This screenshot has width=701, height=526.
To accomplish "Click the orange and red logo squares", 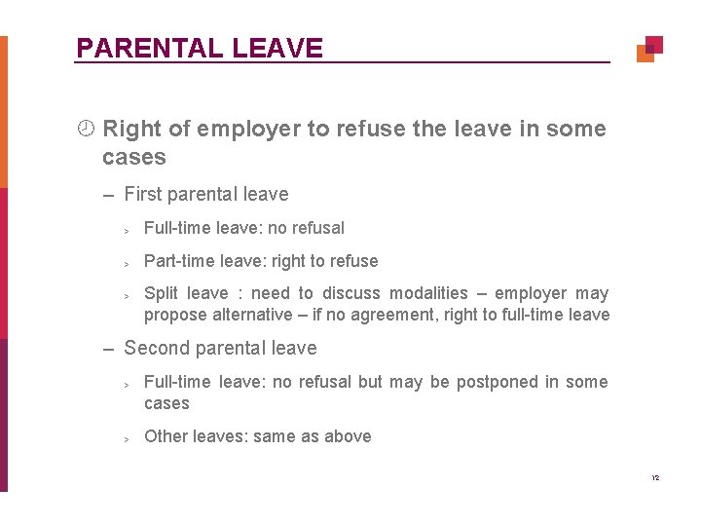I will coord(649,49).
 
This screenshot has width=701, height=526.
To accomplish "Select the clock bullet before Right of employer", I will coord(86,129).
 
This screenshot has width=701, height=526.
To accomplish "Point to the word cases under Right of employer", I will coord(134,157).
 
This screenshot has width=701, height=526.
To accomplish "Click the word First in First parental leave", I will coord(143,194).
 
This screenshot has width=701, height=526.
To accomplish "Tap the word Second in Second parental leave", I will coord(156,348).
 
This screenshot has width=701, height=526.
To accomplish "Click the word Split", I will coord(162,293).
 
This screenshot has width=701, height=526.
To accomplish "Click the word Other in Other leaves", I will coord(166,436).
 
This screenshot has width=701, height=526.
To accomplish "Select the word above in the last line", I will coord(349,436).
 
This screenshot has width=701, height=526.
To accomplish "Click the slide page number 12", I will coord(655,478).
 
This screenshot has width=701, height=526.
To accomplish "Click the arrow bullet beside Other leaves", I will coord(127,438).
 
